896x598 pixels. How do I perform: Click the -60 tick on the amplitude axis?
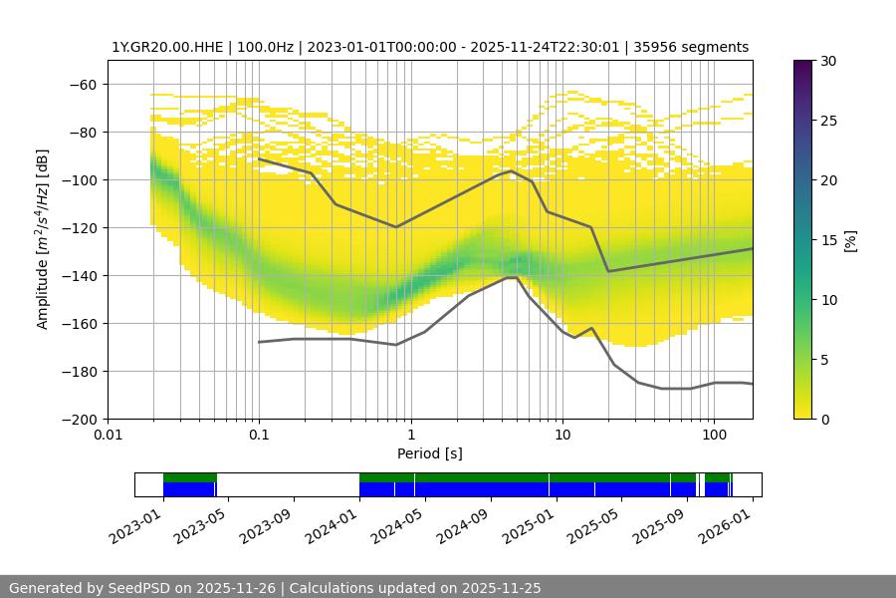tap(84, 84)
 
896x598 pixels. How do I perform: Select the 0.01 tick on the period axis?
tap(108, 434)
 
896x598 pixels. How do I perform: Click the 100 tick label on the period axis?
tap(713, 434)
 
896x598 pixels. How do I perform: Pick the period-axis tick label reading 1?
tap(410, 434)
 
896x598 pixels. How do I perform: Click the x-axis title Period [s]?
tap(430, 453)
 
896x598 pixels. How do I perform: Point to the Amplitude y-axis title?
tap(42, 239)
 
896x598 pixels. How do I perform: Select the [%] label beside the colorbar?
tap(850, 240)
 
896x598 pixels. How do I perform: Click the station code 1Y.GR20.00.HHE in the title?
tap(164, 47)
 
